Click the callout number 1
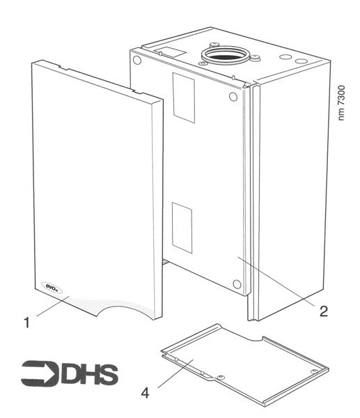tap(26, 323)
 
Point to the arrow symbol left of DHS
tap(39, 373)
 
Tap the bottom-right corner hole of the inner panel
tap(238, 284)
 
